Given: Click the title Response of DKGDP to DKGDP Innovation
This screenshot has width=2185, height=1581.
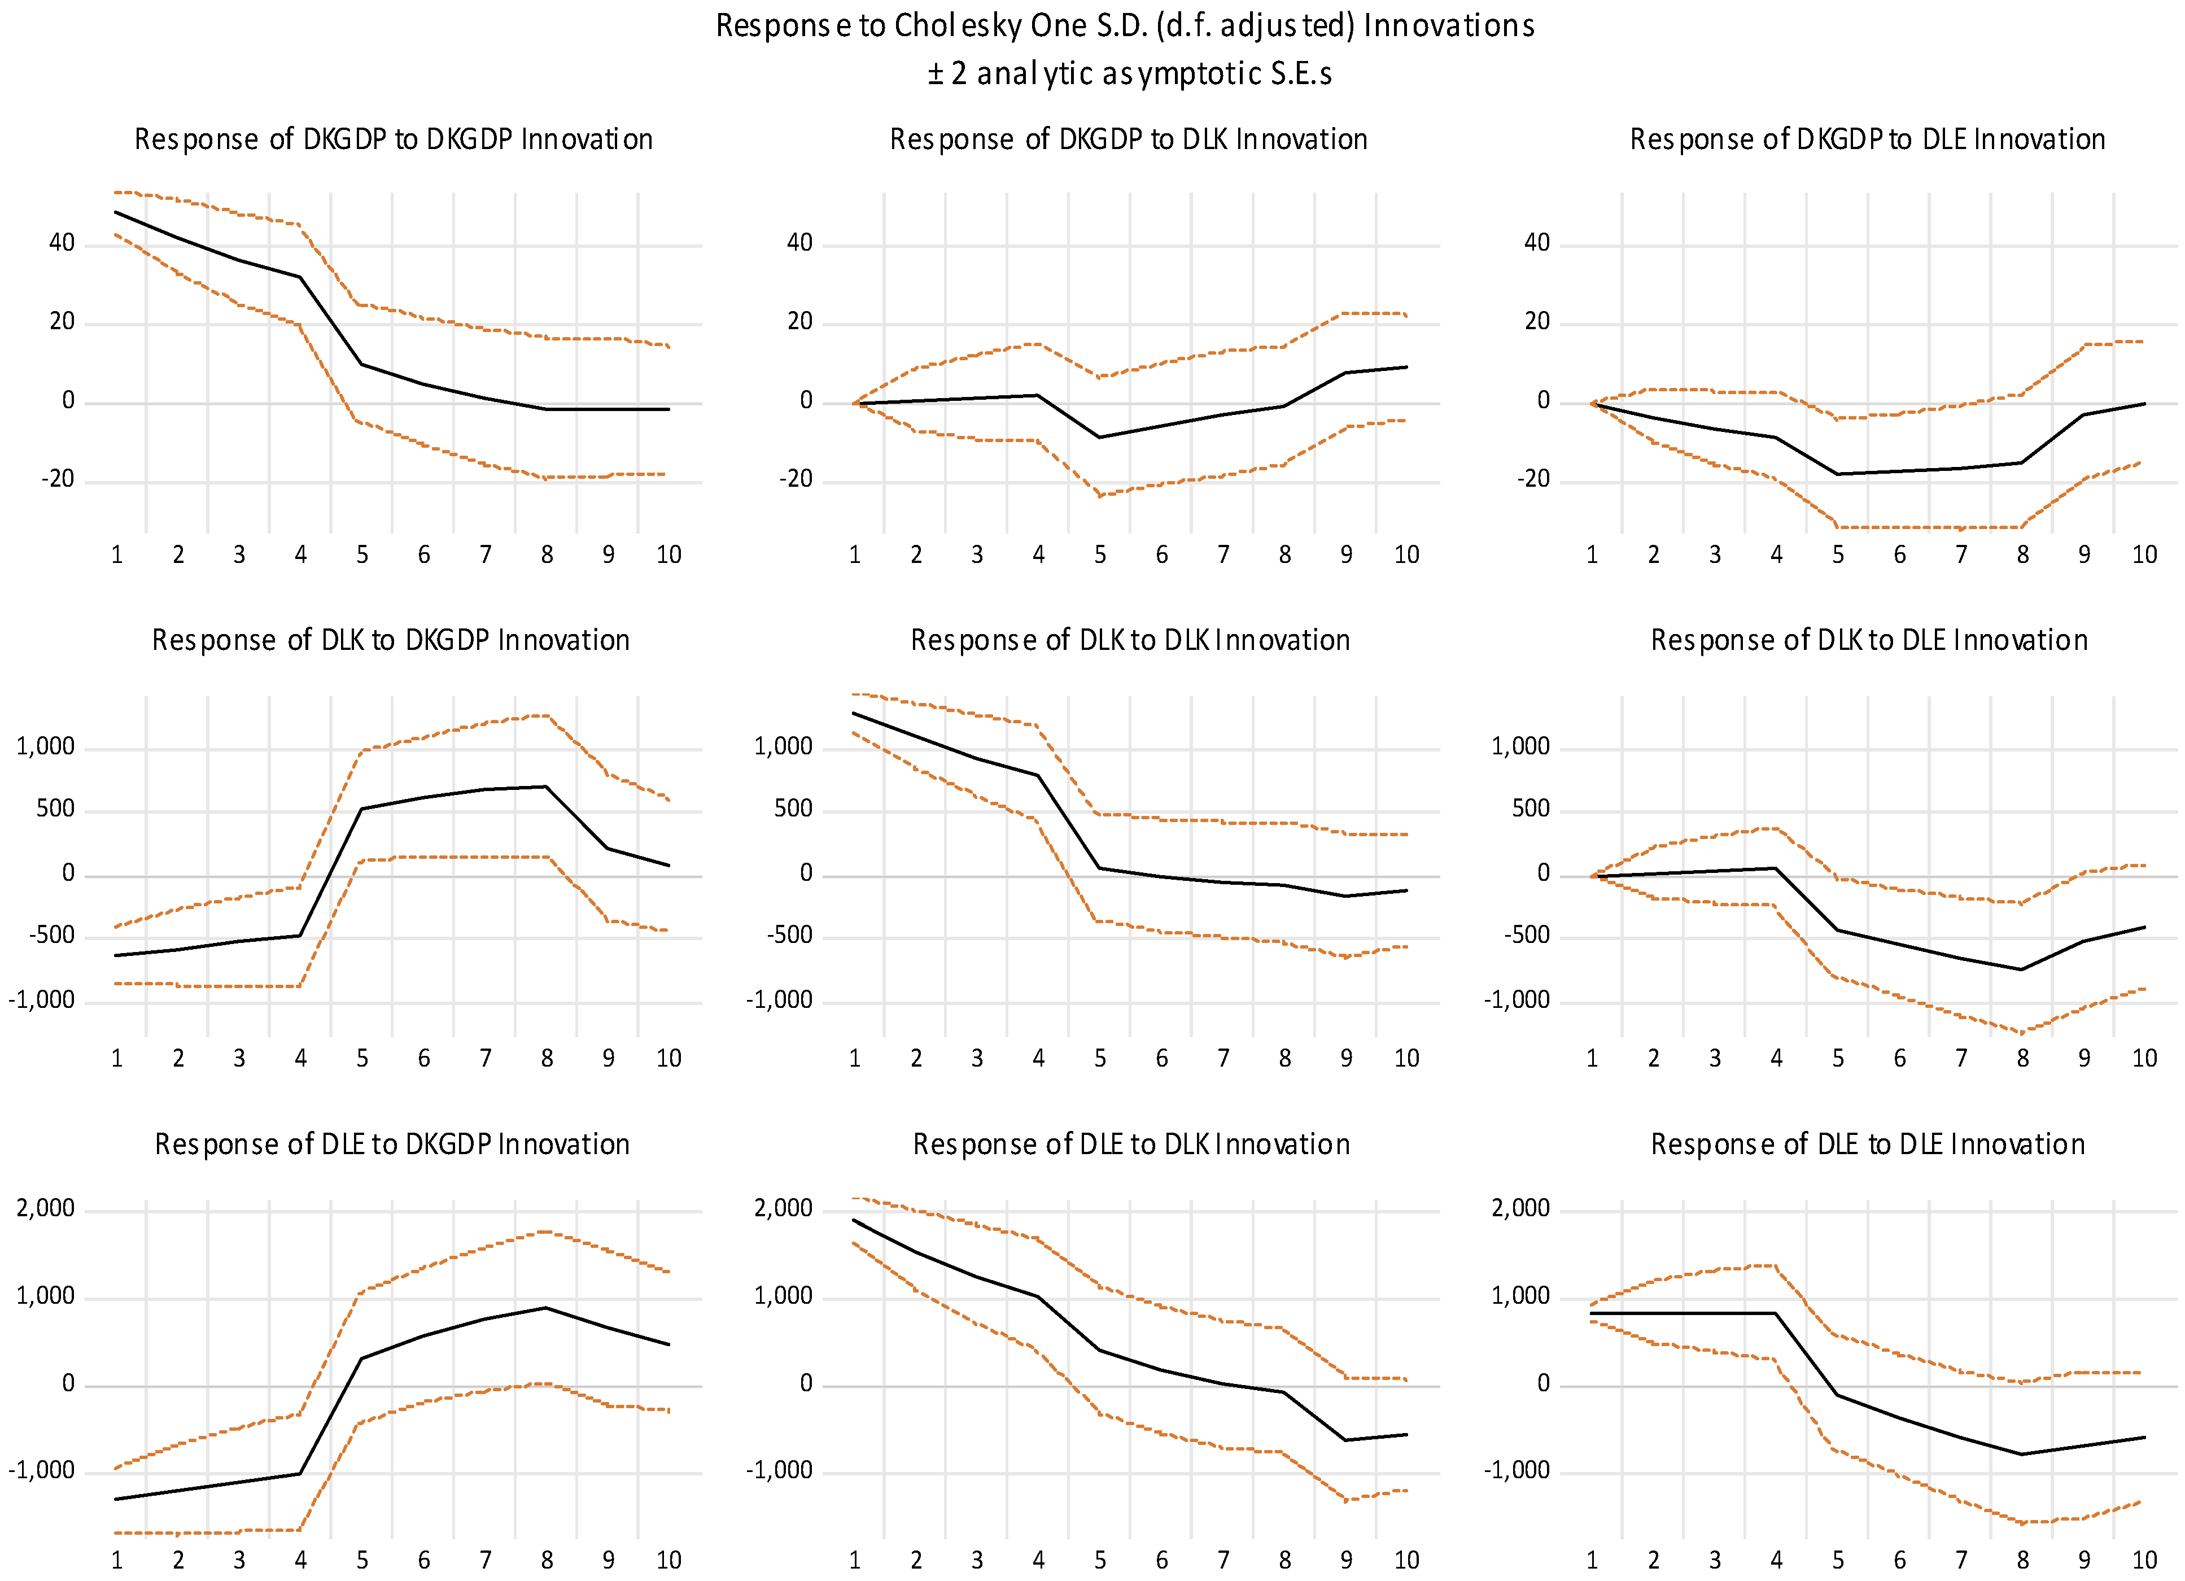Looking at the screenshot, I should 393,139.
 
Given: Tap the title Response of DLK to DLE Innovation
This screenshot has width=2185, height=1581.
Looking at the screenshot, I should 1868,641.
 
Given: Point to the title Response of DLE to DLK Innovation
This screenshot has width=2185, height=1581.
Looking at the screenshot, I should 1131,1145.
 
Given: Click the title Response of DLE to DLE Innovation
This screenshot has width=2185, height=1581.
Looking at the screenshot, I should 1867,1145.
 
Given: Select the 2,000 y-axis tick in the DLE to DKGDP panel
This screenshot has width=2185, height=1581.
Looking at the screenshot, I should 45,1209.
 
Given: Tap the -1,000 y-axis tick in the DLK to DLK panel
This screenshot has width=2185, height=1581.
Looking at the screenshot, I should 779,1000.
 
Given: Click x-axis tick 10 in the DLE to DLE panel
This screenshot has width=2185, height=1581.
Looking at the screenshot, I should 2144,1560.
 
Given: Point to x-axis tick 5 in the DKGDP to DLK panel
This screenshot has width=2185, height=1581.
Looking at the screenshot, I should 1099,555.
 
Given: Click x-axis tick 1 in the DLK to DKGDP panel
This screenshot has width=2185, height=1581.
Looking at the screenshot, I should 116,1059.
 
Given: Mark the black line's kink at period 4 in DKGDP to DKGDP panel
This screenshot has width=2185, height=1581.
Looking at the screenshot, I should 300,277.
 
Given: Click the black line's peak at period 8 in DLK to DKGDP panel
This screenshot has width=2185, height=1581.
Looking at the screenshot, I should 547,787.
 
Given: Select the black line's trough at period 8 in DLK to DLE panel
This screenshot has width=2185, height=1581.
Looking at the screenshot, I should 2021,969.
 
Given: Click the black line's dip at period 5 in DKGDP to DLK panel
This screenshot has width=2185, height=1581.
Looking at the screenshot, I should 1099,438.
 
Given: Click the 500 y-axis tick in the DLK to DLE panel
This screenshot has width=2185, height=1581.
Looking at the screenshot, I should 1530,809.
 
